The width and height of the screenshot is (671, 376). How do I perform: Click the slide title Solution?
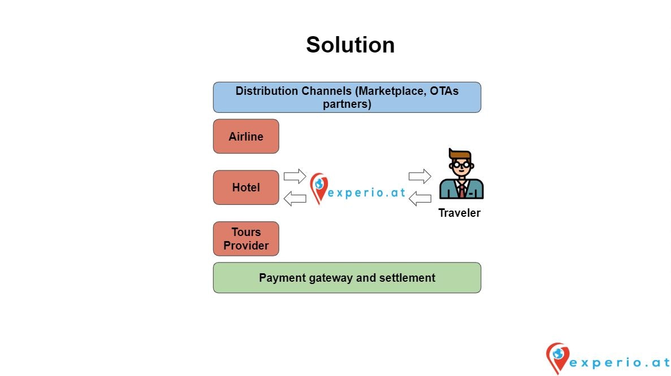tap(350, 45)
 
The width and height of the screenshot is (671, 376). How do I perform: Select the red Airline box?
tap(246, 136)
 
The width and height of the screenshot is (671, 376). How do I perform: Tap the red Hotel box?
tap(246, 187)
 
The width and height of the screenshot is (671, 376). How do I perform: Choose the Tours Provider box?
tap(246, 239)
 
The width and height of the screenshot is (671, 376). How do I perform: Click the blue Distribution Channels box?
tap(347, 97)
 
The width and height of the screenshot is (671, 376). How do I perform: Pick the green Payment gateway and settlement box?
tap(347, 278)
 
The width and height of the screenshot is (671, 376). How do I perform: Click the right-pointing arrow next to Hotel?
tap(295, 176)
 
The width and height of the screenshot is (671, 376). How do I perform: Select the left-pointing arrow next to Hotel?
tap(295, 198)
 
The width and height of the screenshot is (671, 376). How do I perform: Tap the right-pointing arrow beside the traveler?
tap(419, 176)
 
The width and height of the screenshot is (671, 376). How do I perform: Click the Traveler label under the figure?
tap(459, 213)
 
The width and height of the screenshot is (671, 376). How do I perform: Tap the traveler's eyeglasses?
tap(462, 165)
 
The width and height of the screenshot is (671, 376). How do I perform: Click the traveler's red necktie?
tap(462, 189)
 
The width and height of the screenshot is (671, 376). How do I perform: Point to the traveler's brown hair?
tap(460, 154)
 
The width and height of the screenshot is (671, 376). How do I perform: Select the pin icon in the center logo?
tap(319, 188)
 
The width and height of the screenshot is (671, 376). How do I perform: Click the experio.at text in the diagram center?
tap(367, 193)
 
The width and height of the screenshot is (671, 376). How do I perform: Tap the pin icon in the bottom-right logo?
tap(557, 357)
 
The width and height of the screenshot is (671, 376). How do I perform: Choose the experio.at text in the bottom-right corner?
tap(618, 362)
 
